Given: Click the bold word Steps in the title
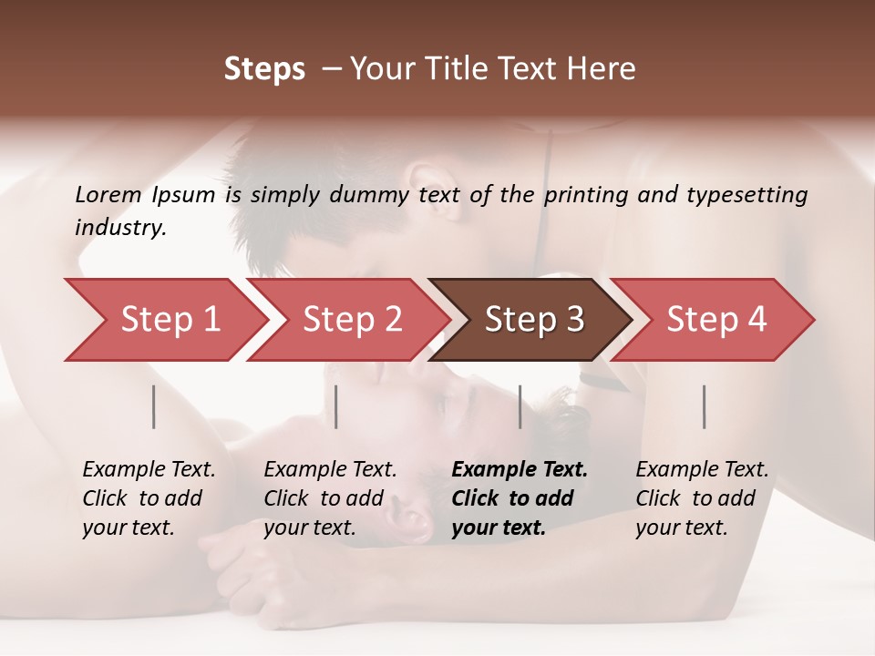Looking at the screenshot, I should point(264,69).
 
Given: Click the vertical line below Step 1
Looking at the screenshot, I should point(154,406).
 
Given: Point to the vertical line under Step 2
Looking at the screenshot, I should point(336,406).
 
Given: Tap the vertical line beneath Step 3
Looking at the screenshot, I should point(520,406).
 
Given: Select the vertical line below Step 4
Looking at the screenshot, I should point(704,406).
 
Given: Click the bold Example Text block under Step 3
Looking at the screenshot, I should point(520,498).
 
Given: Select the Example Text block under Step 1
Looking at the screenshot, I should point(149,498).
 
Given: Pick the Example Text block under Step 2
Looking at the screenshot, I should point(330,498).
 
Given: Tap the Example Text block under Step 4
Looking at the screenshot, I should point(702,498).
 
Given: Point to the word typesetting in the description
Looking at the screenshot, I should point(748,194).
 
